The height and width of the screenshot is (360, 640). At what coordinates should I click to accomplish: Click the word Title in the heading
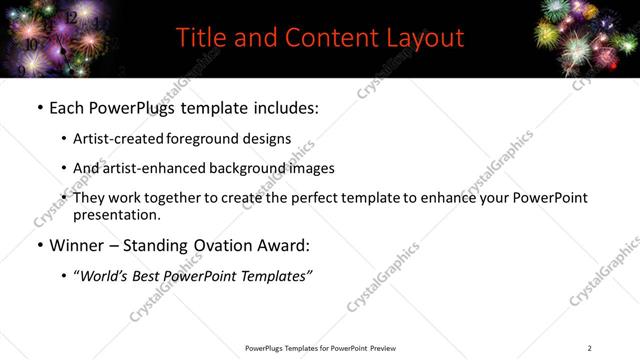tap(199, 38)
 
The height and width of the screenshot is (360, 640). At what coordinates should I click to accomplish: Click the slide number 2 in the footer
tap(589, 348)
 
